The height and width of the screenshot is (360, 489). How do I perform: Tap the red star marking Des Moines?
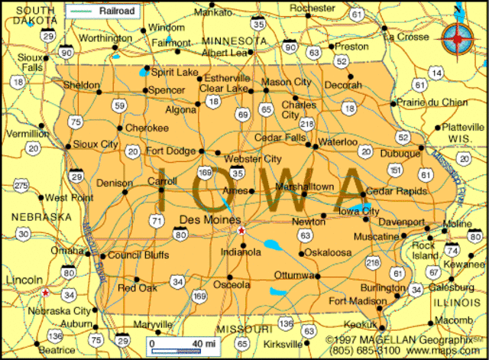[x=241, y=230]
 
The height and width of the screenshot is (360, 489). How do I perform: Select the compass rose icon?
[x=457, y=36]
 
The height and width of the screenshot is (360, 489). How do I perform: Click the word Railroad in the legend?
[x=117, y=11]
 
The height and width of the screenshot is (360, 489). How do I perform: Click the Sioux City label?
[x=95, y=144]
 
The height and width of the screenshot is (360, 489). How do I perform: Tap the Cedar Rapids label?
[x=396, y=192]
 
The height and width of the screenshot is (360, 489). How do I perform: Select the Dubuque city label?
[x=400, y=154]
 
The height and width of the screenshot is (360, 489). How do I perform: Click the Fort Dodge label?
[x=171, y=151]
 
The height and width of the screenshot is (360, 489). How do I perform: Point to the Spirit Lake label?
[x=175, y=73]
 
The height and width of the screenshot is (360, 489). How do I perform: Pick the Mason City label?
[x=287, y=82]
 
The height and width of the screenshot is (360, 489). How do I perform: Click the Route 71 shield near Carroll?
[x=157, y=221]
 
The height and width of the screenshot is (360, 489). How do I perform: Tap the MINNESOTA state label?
[x=235, y=40]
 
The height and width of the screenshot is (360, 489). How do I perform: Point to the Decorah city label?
[x=342, y=86]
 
